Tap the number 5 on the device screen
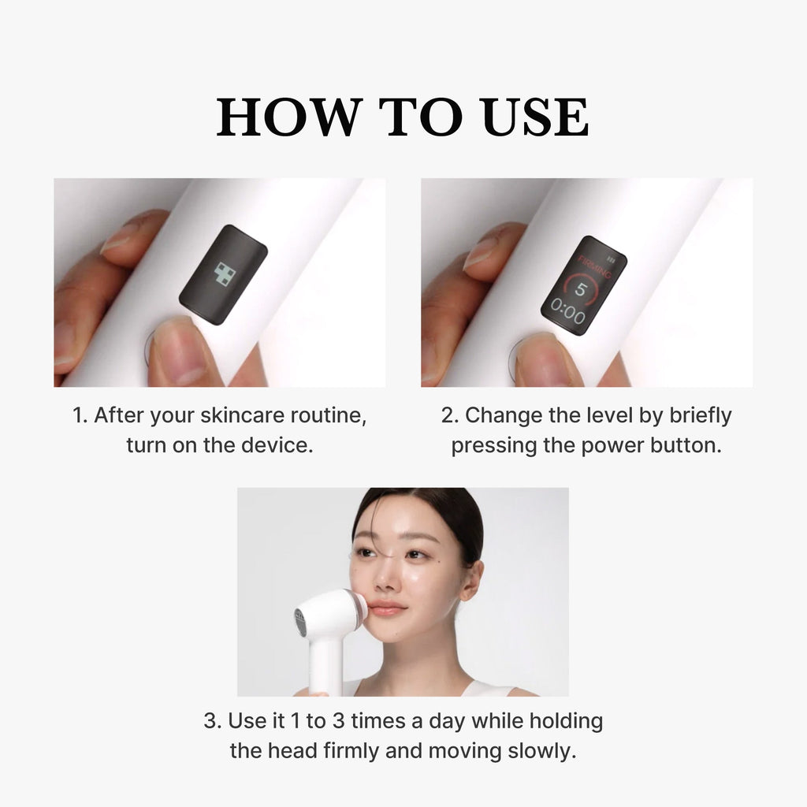point(580,289)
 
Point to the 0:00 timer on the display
point(568,317)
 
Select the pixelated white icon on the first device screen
point(225,274)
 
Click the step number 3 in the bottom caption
point(211,721)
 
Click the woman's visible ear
point(470,585)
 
